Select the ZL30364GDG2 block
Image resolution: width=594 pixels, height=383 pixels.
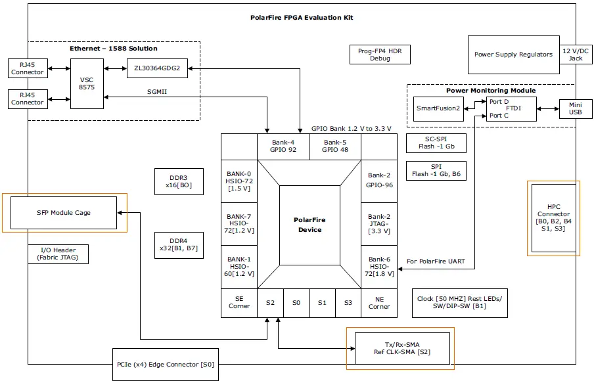coord(157,68)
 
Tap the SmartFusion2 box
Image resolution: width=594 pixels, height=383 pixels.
coord(439,108)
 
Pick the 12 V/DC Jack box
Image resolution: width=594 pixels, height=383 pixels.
coord(575,54)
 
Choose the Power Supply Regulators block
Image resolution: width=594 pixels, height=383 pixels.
coord(513,54)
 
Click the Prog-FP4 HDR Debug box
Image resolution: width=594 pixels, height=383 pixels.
coord(380,55)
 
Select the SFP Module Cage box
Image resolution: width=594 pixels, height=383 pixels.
coord(64,212)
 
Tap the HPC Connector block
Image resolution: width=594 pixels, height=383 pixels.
coord(553,217)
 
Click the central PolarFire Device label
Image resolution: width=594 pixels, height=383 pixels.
coord(309,225)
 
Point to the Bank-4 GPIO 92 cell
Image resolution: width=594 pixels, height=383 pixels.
coord(283,146)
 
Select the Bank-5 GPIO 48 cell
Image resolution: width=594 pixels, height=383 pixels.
coord(334,146)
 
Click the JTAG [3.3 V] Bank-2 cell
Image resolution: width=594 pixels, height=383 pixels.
coord(379,224)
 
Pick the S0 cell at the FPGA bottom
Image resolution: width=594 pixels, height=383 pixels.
coord(296,303)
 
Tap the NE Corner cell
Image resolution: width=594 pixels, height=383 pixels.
coord(379,303)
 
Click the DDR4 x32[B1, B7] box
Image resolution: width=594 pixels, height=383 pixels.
coord(177,244)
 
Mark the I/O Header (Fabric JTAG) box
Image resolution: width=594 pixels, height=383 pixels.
coord(58,254)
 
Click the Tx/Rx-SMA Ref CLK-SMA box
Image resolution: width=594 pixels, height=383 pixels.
coord(402,348)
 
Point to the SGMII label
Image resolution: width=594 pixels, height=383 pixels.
coord(156,92)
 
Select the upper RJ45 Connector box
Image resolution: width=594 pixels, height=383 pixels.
coord(28,68)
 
